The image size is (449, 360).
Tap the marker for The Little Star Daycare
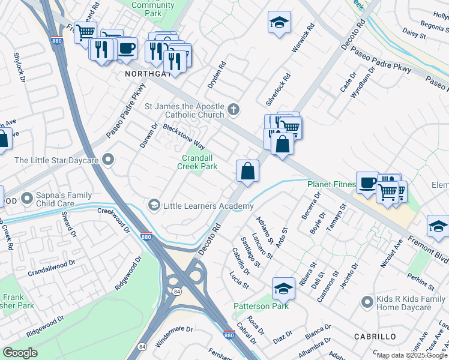(108, 160)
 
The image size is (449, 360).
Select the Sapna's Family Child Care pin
(27, 197)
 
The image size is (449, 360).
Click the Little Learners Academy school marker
(154, 206)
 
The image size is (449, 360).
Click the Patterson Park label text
(261, 306)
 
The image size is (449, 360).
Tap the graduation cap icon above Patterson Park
(283, 287)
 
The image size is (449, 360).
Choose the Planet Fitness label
(332, 185)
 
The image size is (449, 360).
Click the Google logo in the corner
(20, 353)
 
